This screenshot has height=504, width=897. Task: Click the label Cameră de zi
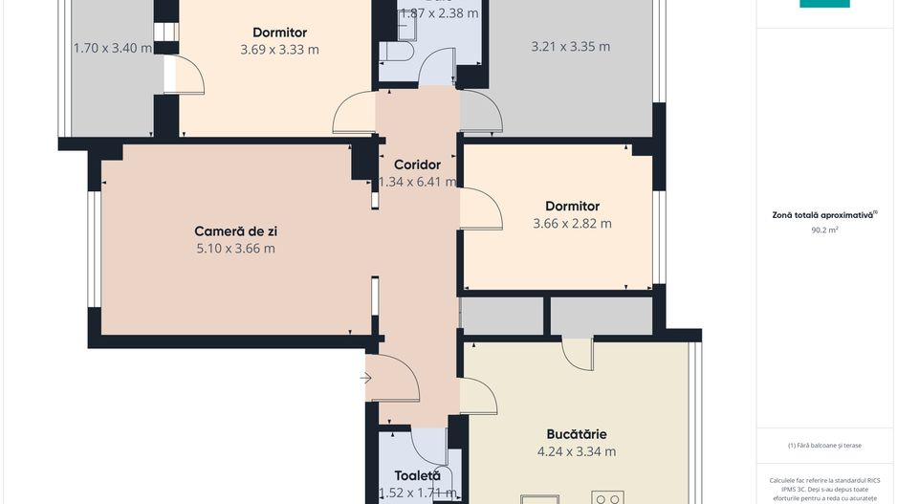pyautogui.click(x=235, y=230)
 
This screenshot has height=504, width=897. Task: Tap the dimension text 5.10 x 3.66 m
pyautogui.click(x=235, y=249)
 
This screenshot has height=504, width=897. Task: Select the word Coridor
pyautogui.click(x=417, y=164)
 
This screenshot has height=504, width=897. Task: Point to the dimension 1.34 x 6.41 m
pyautogui.click(x=417, y=182)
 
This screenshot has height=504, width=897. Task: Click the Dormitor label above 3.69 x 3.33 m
pyautogui.click(x=279, y=33)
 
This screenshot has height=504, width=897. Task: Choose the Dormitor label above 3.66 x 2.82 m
pyautogui.click(x=572, y=206)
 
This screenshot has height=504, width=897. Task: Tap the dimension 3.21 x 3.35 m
pyautogui.click(x=570, y=46)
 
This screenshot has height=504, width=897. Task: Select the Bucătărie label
pyautogui.click(x=577, y=434)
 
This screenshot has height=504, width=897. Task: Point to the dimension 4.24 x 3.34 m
pyautogui.click(x=577, y=451)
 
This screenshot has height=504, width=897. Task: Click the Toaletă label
pyautogui.click(x=418, y=475)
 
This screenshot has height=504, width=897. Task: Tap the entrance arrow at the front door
pyautogui.click(x=365, y=379)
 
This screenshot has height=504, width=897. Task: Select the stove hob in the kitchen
pyautogui.click(x=607, y=497)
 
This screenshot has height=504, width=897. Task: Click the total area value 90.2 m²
pyautogui.click(x=824, y=230)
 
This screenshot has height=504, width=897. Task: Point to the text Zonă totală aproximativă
pyautogui.click(x=824, y=215)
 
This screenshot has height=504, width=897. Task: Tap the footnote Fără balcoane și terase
pyautogui.click(x=824, y=445)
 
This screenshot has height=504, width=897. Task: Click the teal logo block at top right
pyautogui.click(x=824, y=4)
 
